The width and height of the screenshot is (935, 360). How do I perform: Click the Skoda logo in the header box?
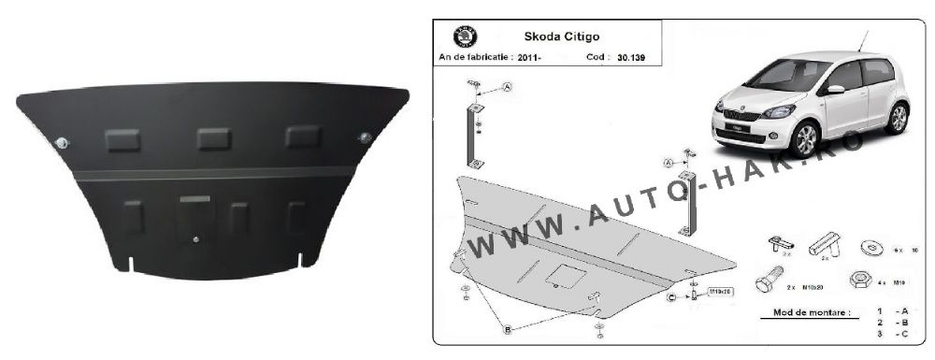[465, 37]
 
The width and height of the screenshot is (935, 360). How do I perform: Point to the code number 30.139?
[632, 57]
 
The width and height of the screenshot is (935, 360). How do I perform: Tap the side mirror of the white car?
[835, 90]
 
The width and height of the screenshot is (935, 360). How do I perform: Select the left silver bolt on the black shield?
[63, 142]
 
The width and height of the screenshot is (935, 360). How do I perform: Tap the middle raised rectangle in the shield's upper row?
[214, 138]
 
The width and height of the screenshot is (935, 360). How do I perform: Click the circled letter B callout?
[507, 329]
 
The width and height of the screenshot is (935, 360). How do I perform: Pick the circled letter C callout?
[671, 297]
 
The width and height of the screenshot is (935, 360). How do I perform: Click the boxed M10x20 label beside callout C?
[719, 292]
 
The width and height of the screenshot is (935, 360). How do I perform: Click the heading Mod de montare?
[806, 312]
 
